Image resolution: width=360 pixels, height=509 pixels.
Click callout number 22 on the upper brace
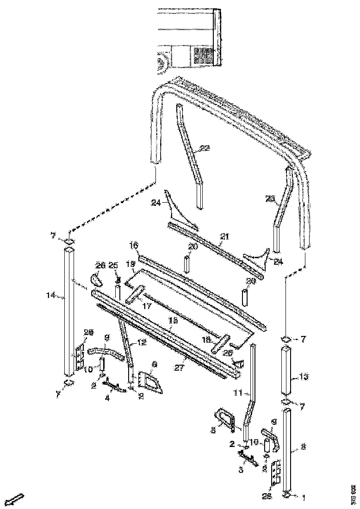(205, 149)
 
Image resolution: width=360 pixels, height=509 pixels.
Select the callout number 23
(270, 199)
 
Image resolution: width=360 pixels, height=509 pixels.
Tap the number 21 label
(224, 236)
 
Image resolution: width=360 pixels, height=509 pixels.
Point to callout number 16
(134, 244)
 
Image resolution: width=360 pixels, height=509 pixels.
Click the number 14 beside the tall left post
(51, 294)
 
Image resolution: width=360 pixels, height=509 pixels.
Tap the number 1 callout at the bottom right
(304, 498)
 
